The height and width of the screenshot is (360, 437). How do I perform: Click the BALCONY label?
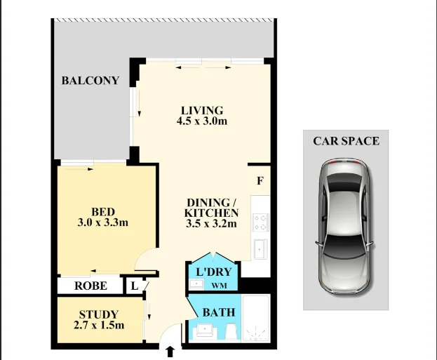(90, 81)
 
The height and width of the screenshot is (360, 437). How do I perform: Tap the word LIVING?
(202, 110)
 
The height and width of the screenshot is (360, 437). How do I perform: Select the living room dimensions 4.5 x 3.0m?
(202, 121)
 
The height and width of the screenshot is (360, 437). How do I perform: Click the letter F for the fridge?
(260, 181)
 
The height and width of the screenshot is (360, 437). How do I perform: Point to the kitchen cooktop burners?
(260, 222)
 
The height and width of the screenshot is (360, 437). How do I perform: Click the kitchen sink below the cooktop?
(260, 248)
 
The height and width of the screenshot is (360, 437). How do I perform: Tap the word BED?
(103, 212)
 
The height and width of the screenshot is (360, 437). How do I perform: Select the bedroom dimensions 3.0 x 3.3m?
(103, 223)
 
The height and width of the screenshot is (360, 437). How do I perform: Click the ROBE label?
(90, 286)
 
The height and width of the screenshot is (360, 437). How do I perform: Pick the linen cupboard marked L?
(134, 286)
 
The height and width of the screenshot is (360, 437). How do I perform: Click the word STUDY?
(99, 314)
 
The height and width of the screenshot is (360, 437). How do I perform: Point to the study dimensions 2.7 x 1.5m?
(99, 326)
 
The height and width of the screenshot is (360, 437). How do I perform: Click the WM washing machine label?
(219, 285)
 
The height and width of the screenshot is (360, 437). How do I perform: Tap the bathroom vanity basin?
(205, 332)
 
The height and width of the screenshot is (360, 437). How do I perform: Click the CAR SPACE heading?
(346, 141)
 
